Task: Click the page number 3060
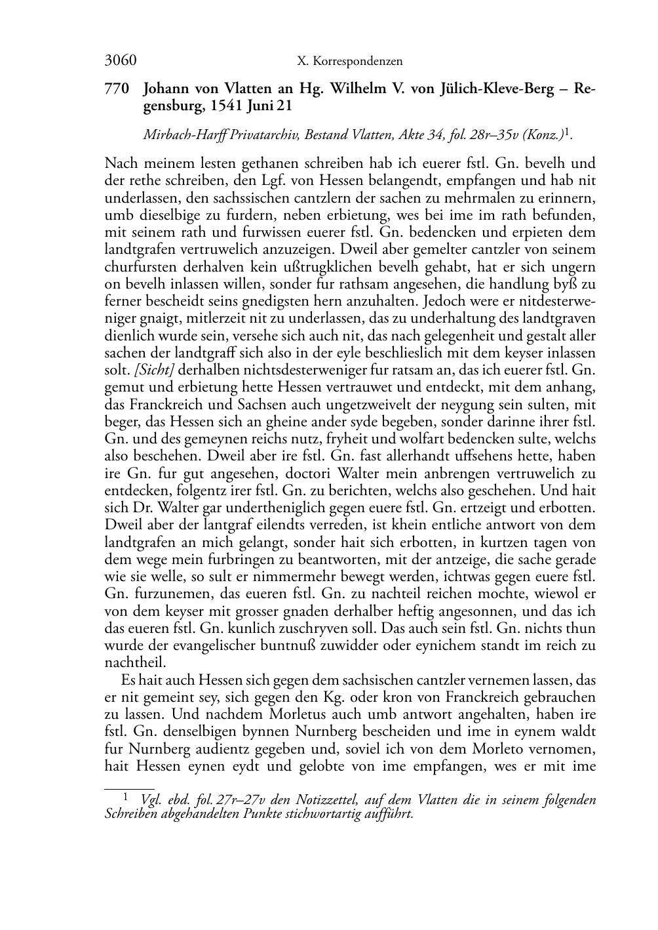pos(120,61)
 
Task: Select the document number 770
pos(118,89)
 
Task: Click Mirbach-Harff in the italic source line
pos(176,135)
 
